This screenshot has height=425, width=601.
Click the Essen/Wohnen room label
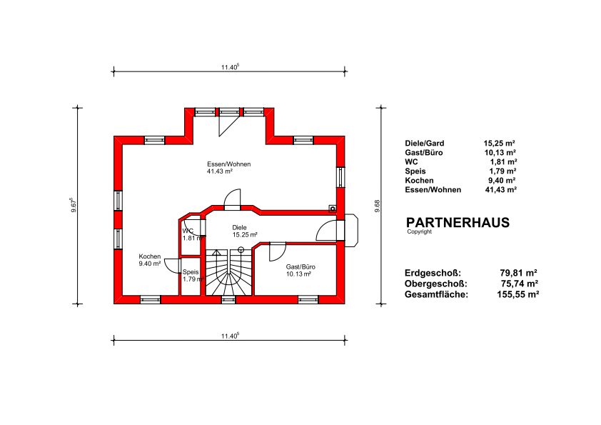point(229,164)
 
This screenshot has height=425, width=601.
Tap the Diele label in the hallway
point(239,227)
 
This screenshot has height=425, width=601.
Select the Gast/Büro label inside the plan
point(300,267)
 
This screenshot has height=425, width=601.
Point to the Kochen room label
point(150,256)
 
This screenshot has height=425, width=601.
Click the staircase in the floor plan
point(229,272)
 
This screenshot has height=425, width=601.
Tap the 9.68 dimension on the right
point(377,206)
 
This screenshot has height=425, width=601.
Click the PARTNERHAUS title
point(458,222)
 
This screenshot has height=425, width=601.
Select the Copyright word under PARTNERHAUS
point(419,231)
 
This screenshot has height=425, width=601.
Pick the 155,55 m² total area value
point(517,294)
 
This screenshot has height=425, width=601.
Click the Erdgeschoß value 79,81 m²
point(518,273)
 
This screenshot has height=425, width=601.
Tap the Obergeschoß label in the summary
point(436,284)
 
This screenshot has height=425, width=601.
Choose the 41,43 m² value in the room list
point(501,190)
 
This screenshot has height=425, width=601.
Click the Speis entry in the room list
point(415,171)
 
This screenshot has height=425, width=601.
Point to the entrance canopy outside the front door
point(351,231)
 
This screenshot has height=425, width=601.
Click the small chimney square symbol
point(333,209)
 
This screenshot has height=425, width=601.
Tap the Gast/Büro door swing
point(278,251)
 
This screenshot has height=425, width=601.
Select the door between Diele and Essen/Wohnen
point(232,199)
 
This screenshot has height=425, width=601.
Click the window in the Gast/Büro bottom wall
point(308,299)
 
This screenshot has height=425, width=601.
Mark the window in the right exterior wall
point(340,177)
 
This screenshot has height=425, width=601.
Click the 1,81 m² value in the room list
point(503,162)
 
